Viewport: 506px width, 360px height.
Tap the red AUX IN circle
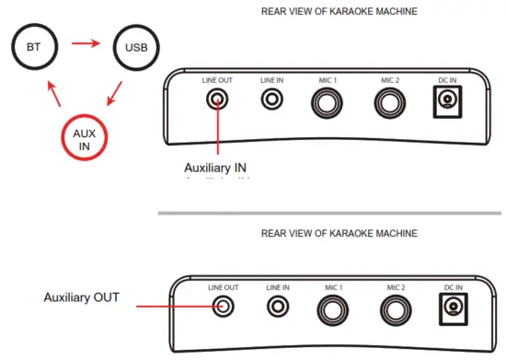point(84,136)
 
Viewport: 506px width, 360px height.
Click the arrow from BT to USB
point(86,41)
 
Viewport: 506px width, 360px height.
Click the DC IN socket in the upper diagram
point(449,102)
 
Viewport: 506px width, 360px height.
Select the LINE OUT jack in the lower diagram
point(221,305)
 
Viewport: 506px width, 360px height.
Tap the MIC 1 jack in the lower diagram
point(333,309)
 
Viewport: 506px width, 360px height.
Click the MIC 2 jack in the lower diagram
point(396,309)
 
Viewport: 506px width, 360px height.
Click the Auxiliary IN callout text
point(216,168)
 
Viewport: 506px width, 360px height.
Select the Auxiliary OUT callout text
point(86,298)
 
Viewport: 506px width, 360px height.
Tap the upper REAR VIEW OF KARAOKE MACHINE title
point(339,11)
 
